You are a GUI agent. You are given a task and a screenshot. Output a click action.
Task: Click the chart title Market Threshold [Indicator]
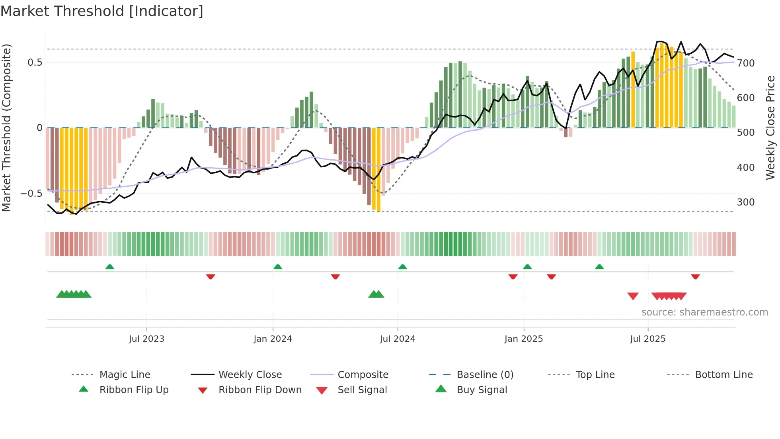click(x=102, y=11)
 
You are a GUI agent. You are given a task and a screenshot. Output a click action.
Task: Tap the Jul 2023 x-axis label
click(x=146, y=339)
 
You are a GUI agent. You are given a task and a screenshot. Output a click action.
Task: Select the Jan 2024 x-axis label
click(x=273, y=339)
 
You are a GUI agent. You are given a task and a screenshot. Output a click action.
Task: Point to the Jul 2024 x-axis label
click(x=397, y=339)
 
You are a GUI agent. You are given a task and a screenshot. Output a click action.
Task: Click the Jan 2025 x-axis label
click(x=523, y=339)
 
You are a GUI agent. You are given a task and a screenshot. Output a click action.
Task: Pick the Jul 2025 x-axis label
click(x=647, y=339)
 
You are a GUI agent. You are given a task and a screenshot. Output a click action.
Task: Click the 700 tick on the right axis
click(x=745, y=63)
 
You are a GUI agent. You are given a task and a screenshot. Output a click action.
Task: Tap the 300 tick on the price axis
click(x=745, y=202)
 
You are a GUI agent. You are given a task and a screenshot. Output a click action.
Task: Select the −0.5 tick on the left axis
click(x=31, y=194)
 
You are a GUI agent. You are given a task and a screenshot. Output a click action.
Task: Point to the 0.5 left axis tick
click(x=35, y=63)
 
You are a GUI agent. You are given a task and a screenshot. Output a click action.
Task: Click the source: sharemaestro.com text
click(x=704, y=312)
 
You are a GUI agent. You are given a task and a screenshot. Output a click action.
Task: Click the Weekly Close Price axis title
click(x=770, y=127)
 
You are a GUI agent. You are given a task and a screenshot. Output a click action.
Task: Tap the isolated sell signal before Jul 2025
click(x=633, y=296)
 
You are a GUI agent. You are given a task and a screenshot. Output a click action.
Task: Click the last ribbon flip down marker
click(x=695, y=276)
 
